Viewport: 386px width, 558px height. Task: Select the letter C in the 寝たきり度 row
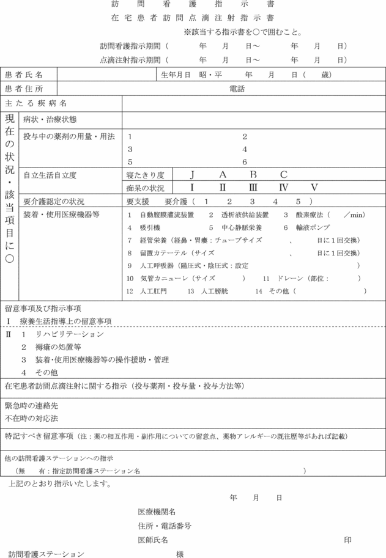tap(283, 175)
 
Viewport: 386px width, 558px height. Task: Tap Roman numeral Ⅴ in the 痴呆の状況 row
tap(314, 188)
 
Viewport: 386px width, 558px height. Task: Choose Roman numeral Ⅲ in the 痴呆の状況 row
tap(253, 188)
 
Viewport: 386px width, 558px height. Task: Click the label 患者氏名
tap(23, 75)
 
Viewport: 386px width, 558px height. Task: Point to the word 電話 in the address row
tap(237, 89)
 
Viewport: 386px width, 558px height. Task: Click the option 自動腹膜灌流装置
tap(167, 215)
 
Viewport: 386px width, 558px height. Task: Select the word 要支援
tap(138, 201)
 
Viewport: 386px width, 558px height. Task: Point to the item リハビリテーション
tap(69, 335)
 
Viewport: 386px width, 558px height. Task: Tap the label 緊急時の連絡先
tap(31, 406)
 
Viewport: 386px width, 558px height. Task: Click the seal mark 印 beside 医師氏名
tap(347, 540)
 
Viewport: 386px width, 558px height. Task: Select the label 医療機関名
tap(157, 512)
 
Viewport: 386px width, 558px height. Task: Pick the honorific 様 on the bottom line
tap(180, 554)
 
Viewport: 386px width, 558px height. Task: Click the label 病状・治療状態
tap(50, 120)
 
